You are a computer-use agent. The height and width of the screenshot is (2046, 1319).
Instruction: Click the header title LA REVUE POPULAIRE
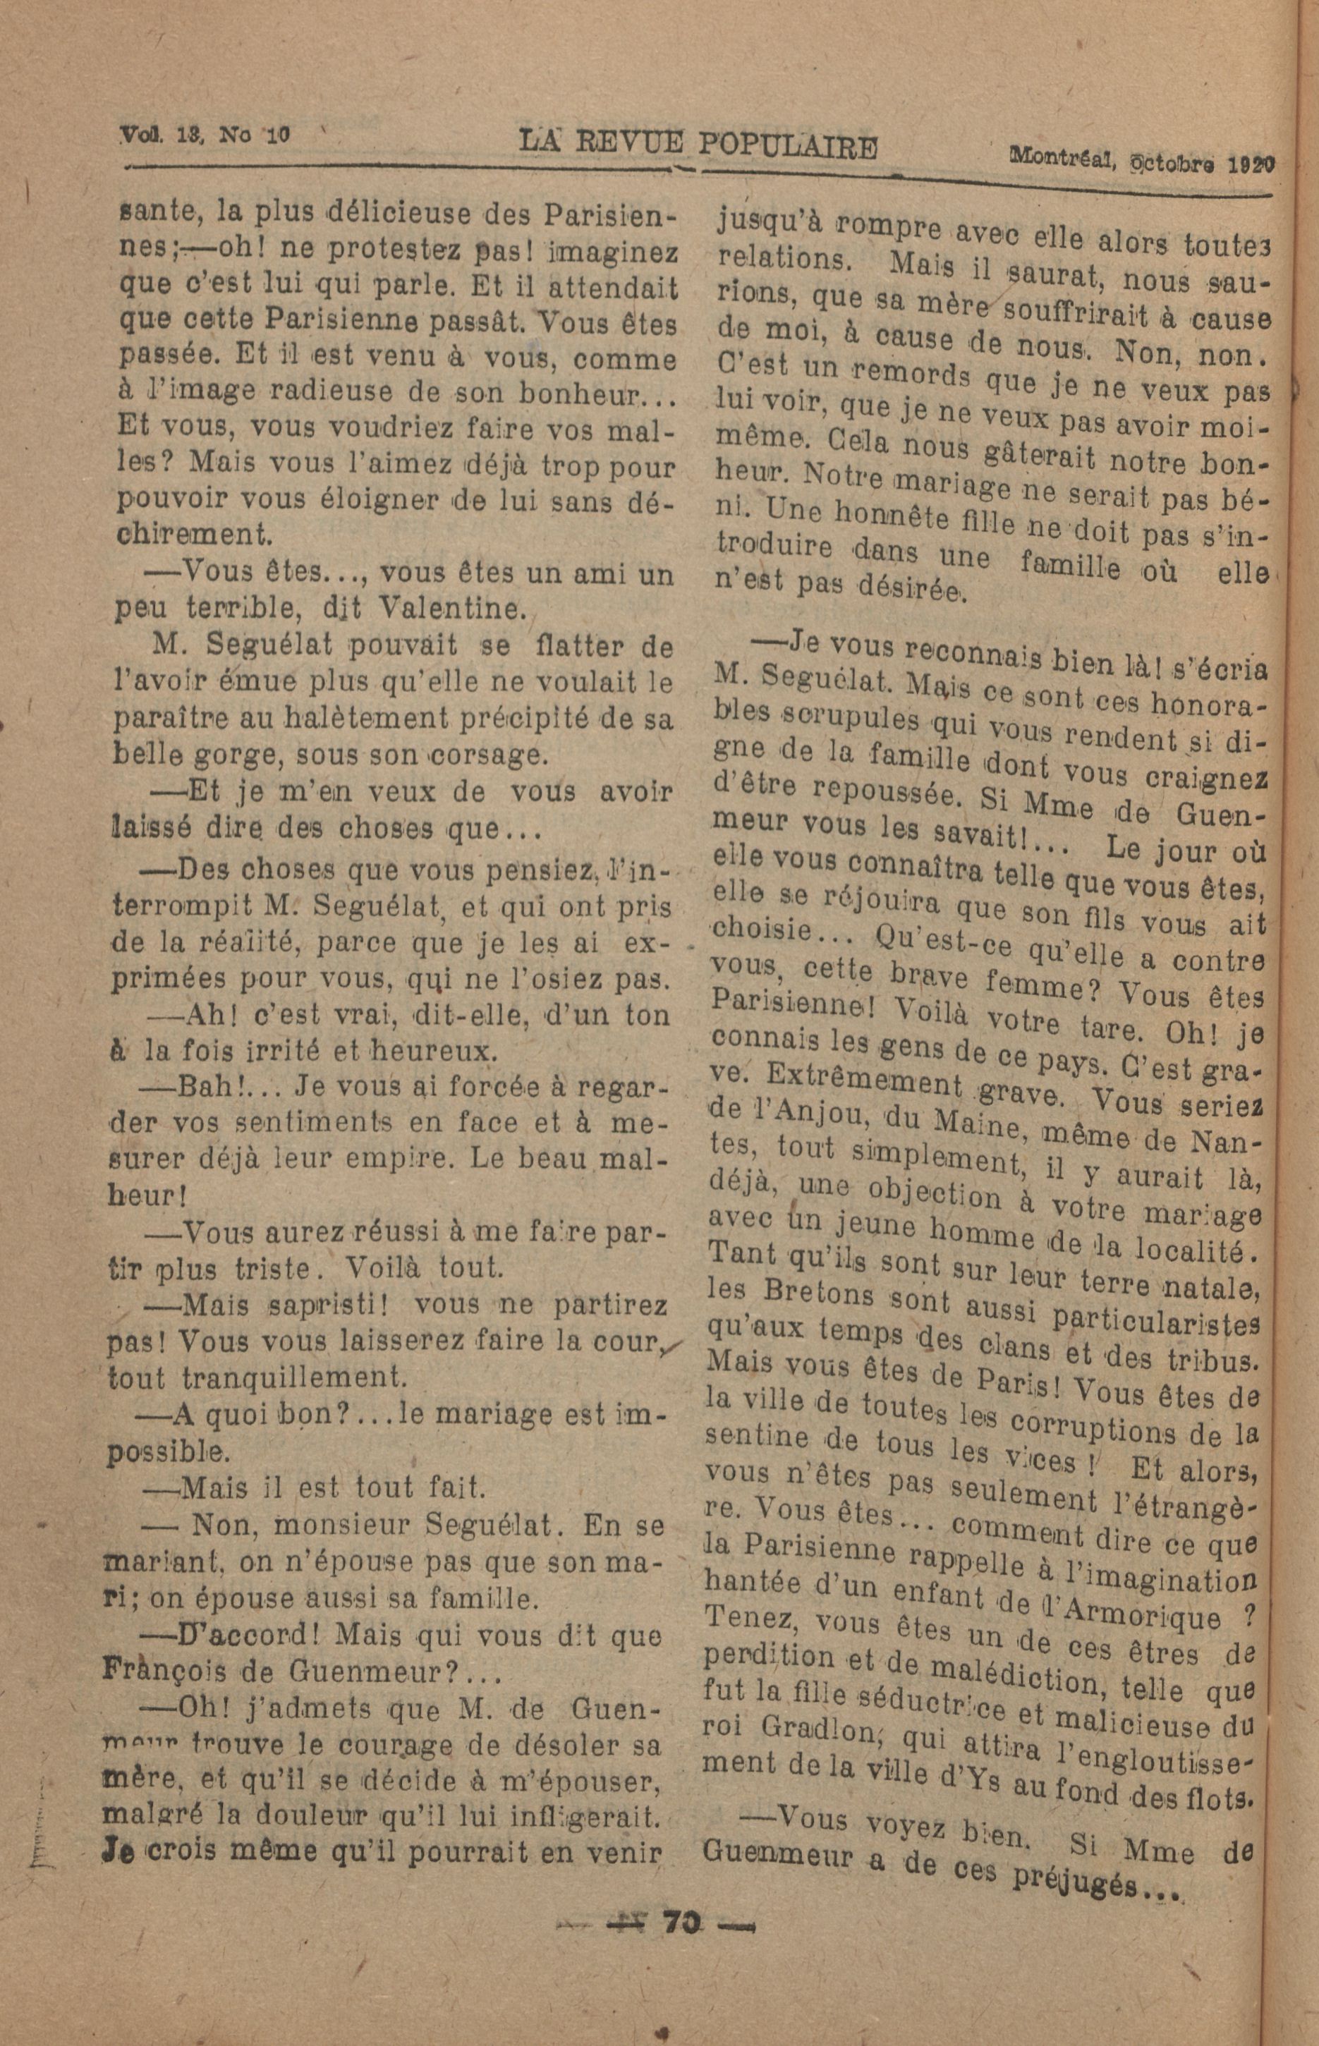click(x=699, y=144)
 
